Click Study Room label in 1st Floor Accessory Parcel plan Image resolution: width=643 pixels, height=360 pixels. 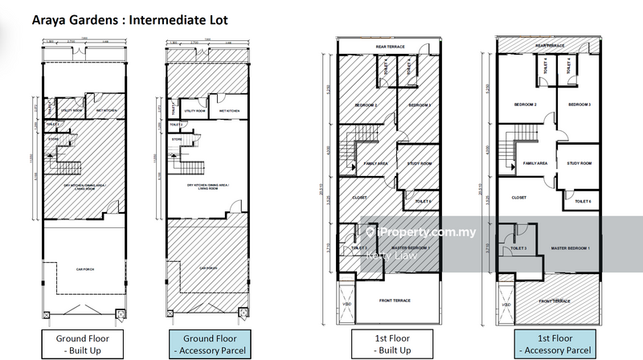[x=579, y=163]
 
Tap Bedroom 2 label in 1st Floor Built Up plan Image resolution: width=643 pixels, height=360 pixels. [x=366, y=105]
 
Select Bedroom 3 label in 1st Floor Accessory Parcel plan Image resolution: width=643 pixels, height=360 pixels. [x=579, y=105]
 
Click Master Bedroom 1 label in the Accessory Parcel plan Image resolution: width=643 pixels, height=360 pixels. [x=571, y=247]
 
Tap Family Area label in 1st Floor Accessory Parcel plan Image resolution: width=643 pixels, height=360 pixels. [x=535, y=163]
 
